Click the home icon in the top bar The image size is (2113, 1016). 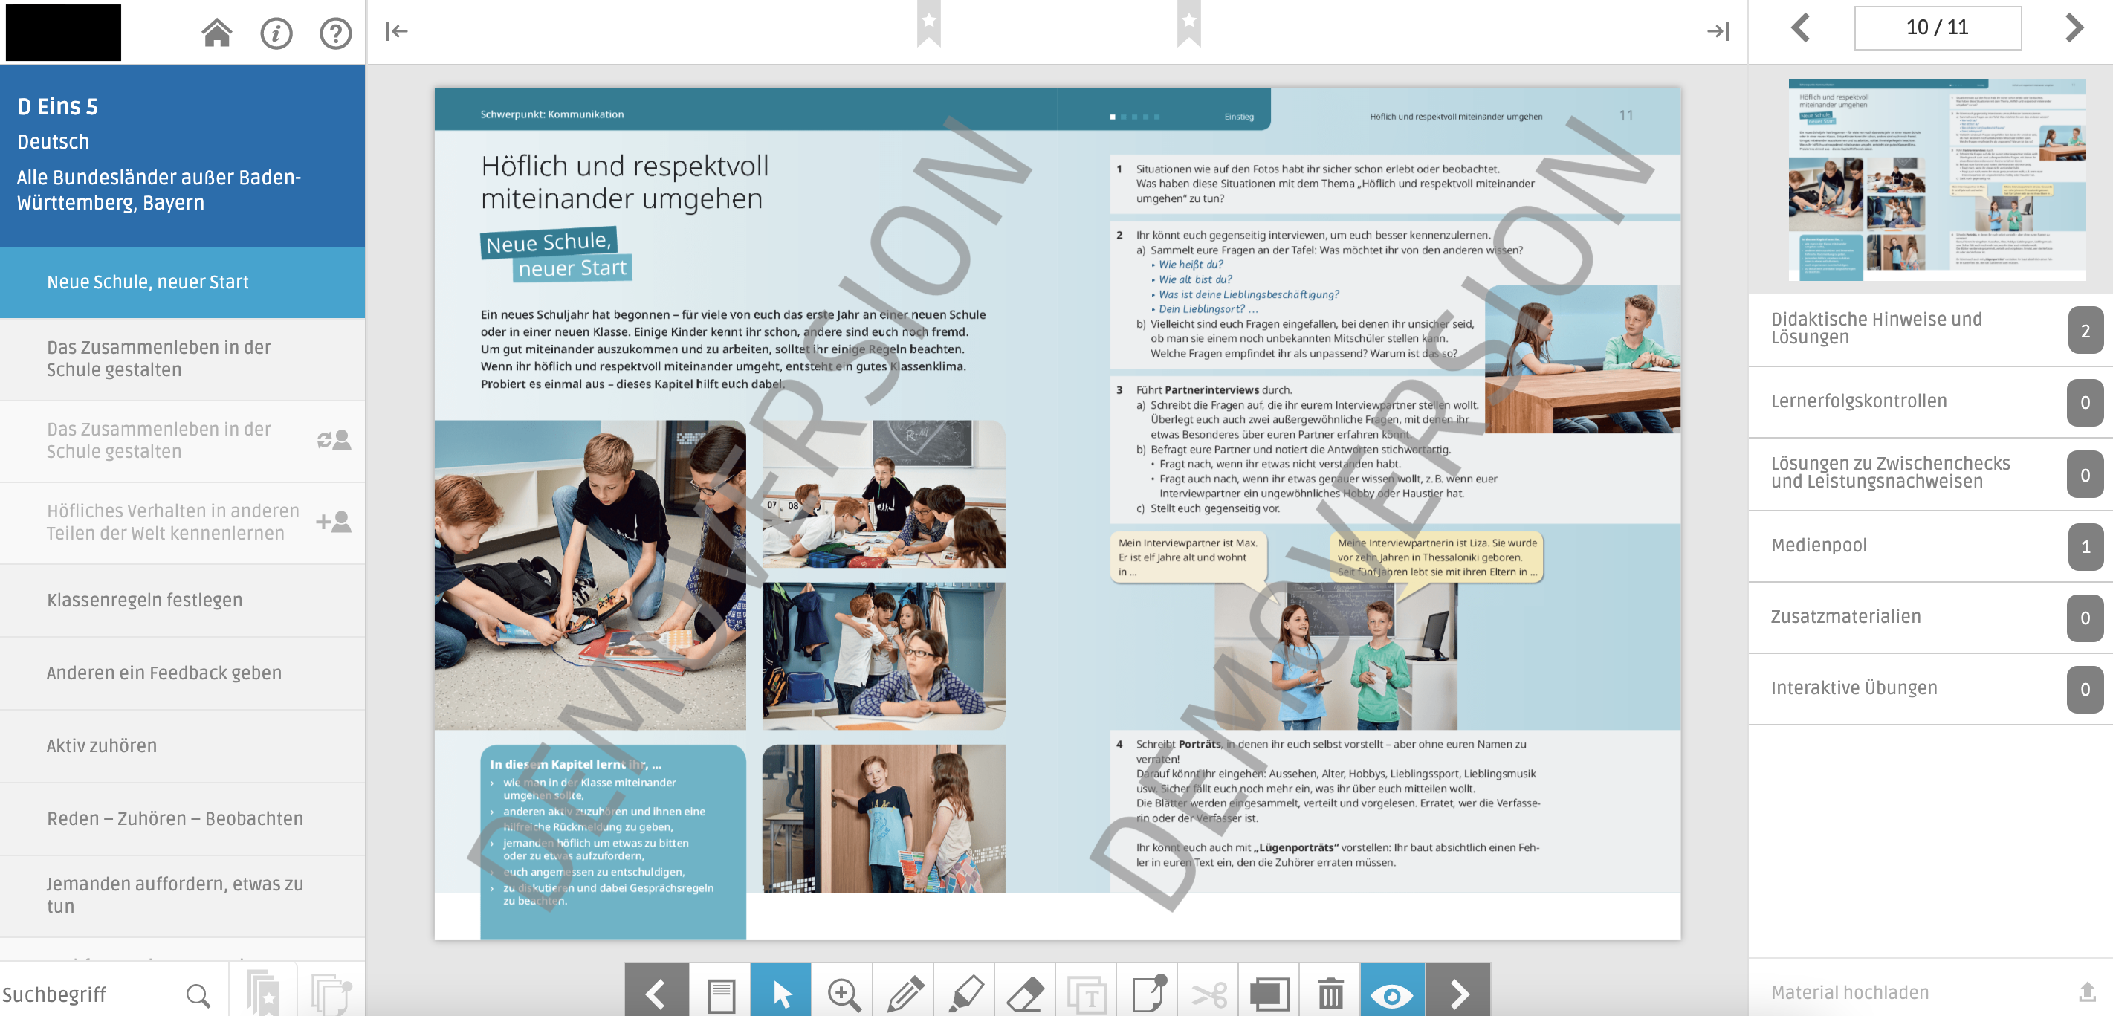click(x=216, y=33)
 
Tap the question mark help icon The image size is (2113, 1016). click(x=335, y=33)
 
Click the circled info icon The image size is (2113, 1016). click(x=276, y=33)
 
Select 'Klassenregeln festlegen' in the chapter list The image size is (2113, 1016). click(x=144, y=600)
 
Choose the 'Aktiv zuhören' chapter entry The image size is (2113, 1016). click(x=102, y=745)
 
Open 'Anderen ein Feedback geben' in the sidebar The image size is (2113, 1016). click(x=164, y=673)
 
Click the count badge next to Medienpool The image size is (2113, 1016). click(x=2084, y=546)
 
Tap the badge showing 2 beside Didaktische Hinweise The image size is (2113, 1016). click(x=2084, y=330)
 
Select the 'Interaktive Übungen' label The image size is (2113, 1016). click(x=1854, y=687)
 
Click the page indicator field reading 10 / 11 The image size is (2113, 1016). click(x=1937, y=28)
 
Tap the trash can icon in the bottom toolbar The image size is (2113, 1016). click(x=1330, y=993)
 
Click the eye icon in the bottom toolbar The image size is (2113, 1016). click(x=1391, y=993)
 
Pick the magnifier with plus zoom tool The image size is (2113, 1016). click(x=844, y=993)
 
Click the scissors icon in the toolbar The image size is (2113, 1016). click(x=1209, y=993)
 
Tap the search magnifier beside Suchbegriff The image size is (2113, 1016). click(x=198, y=994)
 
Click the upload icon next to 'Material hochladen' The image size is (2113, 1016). click(x=2087, y=992)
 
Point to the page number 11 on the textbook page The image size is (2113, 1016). click(x=1625, y=116)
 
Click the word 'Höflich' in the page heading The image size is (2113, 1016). click(x=523, y=166)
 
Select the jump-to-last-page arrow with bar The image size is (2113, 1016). click(x=1718, y=31)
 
